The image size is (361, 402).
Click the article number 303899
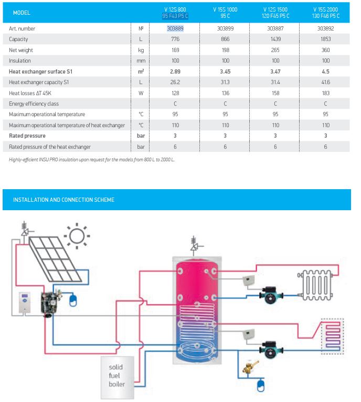click(225, 28)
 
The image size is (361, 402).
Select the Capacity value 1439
click(275, 39)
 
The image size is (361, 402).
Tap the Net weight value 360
click(326, 50)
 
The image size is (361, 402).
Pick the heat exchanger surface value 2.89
click(175, 71)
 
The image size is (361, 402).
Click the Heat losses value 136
click(225, 93)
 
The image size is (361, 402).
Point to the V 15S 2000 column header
click(326, 13)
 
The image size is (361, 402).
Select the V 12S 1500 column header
click(275, 13)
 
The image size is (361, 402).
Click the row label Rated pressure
click(27, 136)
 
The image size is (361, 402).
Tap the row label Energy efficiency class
click(34, 104)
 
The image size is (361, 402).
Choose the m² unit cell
click(141, 71)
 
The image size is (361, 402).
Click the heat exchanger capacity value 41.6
click(326, 82)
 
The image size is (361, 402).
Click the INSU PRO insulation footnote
click(92, 159)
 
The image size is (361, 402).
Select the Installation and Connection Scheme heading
click(63, 200)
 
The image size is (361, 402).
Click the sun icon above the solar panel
click(77, 236)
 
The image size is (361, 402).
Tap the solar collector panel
click(55, 259)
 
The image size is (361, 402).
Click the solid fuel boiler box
click(117, 377)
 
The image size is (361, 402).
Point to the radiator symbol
click(315, 285)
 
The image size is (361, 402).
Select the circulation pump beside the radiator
click(271, 295)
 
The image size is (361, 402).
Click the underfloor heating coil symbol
click(332, 336)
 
